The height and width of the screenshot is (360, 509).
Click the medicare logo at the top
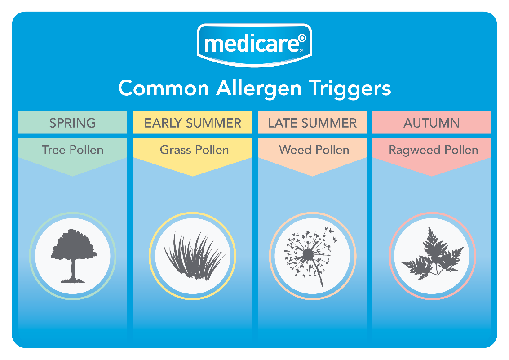click(254, 45)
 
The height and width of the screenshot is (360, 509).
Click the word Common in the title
click(164, 88)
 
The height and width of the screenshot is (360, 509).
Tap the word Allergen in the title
click(259, 89)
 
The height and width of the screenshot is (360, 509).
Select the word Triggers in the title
click(350, 89)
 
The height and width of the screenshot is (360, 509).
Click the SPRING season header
click(72, 123)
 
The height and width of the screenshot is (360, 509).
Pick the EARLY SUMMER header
click(193, 123)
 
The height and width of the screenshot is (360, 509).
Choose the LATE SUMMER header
click(312, 123)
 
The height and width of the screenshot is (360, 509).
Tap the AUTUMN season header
click(431, 123)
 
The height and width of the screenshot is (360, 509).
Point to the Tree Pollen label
click(72, 150)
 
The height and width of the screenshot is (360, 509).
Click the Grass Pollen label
click(194, 150)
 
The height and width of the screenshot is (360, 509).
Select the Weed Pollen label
click(314, 150)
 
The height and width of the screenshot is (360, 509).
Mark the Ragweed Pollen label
click(434, 150)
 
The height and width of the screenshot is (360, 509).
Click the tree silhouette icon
click(74, 256)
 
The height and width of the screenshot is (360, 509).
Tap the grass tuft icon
click(194, 257)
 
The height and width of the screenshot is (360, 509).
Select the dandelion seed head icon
click(310, 257)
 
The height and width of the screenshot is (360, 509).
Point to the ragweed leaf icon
click(433, 255)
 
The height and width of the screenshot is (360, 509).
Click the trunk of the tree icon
click(73, 269)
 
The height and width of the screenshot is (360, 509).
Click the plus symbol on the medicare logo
click(302, 38)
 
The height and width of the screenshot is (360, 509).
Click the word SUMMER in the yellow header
click(213, 123)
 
